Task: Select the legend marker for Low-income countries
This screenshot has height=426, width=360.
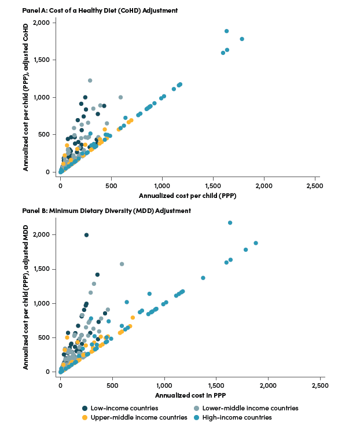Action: pos(85,408)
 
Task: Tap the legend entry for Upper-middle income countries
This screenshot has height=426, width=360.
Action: pos(134,417)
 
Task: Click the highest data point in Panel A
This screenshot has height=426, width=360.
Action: pos(226,31)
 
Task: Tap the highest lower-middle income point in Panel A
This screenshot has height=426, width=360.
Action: pos(90,80)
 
